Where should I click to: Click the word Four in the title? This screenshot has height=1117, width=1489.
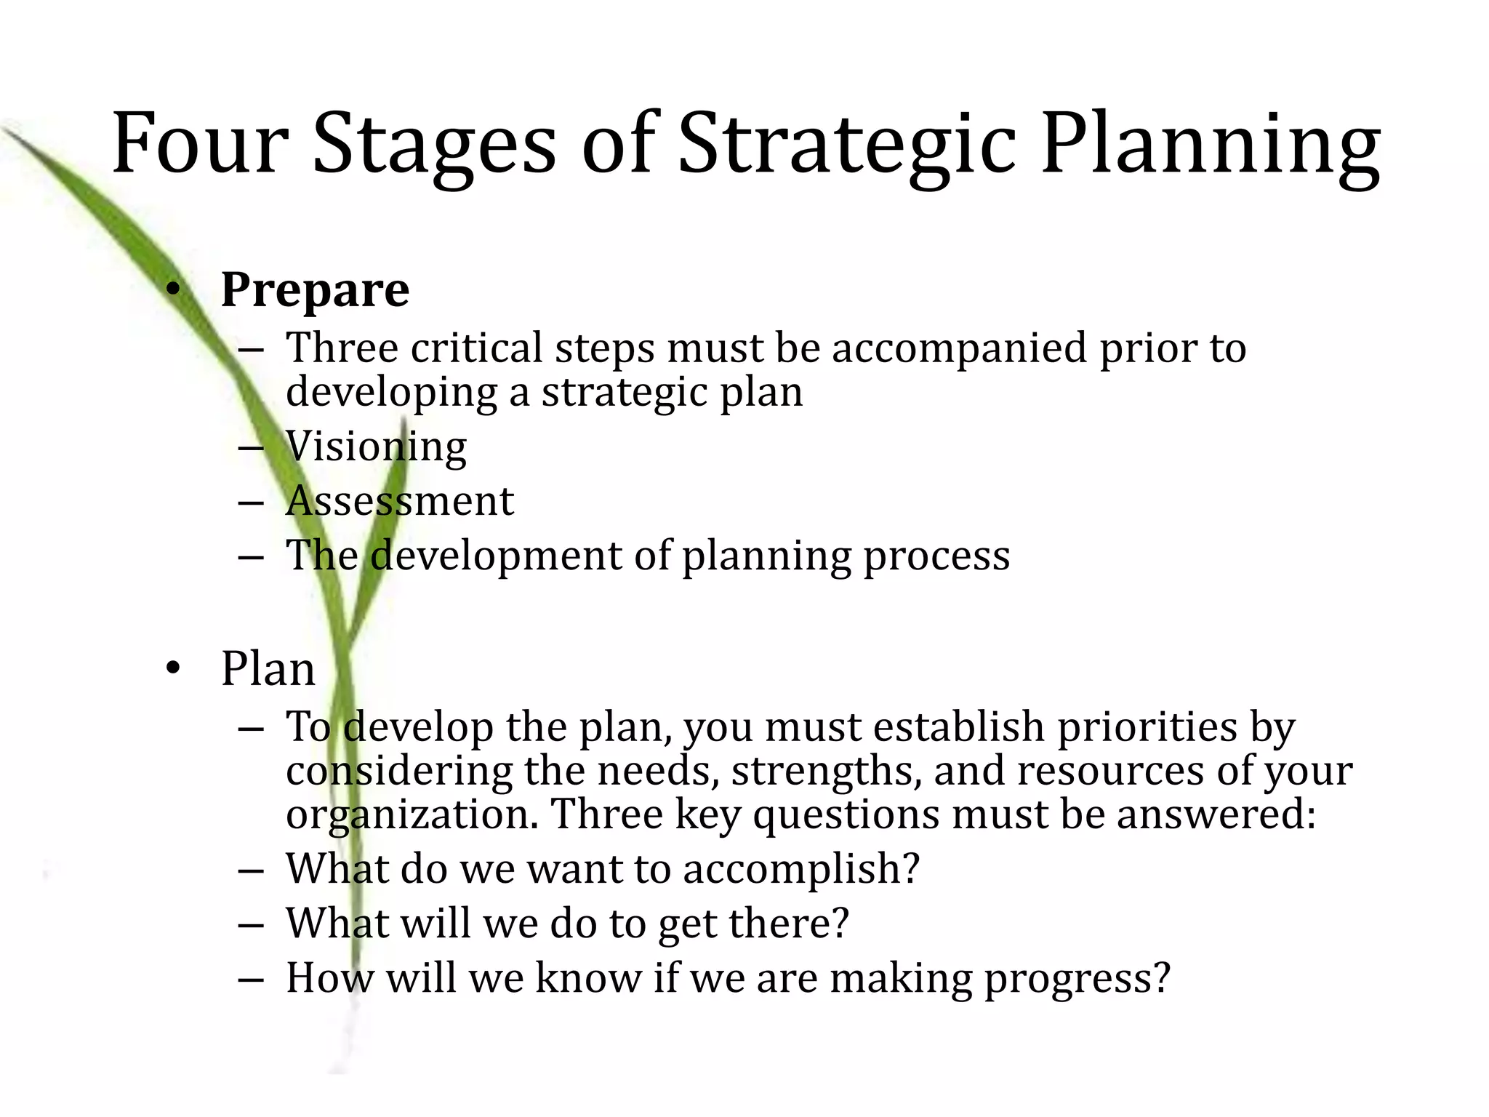(x=200, y=143)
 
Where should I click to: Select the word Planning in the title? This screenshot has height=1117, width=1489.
(x=1210, y=143)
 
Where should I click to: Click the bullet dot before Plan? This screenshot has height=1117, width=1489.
(x=172, y=668)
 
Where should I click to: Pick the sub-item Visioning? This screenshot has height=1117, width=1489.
(x=376, y=446)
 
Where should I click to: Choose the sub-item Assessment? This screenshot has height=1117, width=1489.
(x=400, y=501)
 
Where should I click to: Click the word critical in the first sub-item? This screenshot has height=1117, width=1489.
(x=476, y=348)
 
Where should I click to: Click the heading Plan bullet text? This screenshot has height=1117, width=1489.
(x=268, y=668)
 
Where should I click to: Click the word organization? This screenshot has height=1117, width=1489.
(x=411, y=815)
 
